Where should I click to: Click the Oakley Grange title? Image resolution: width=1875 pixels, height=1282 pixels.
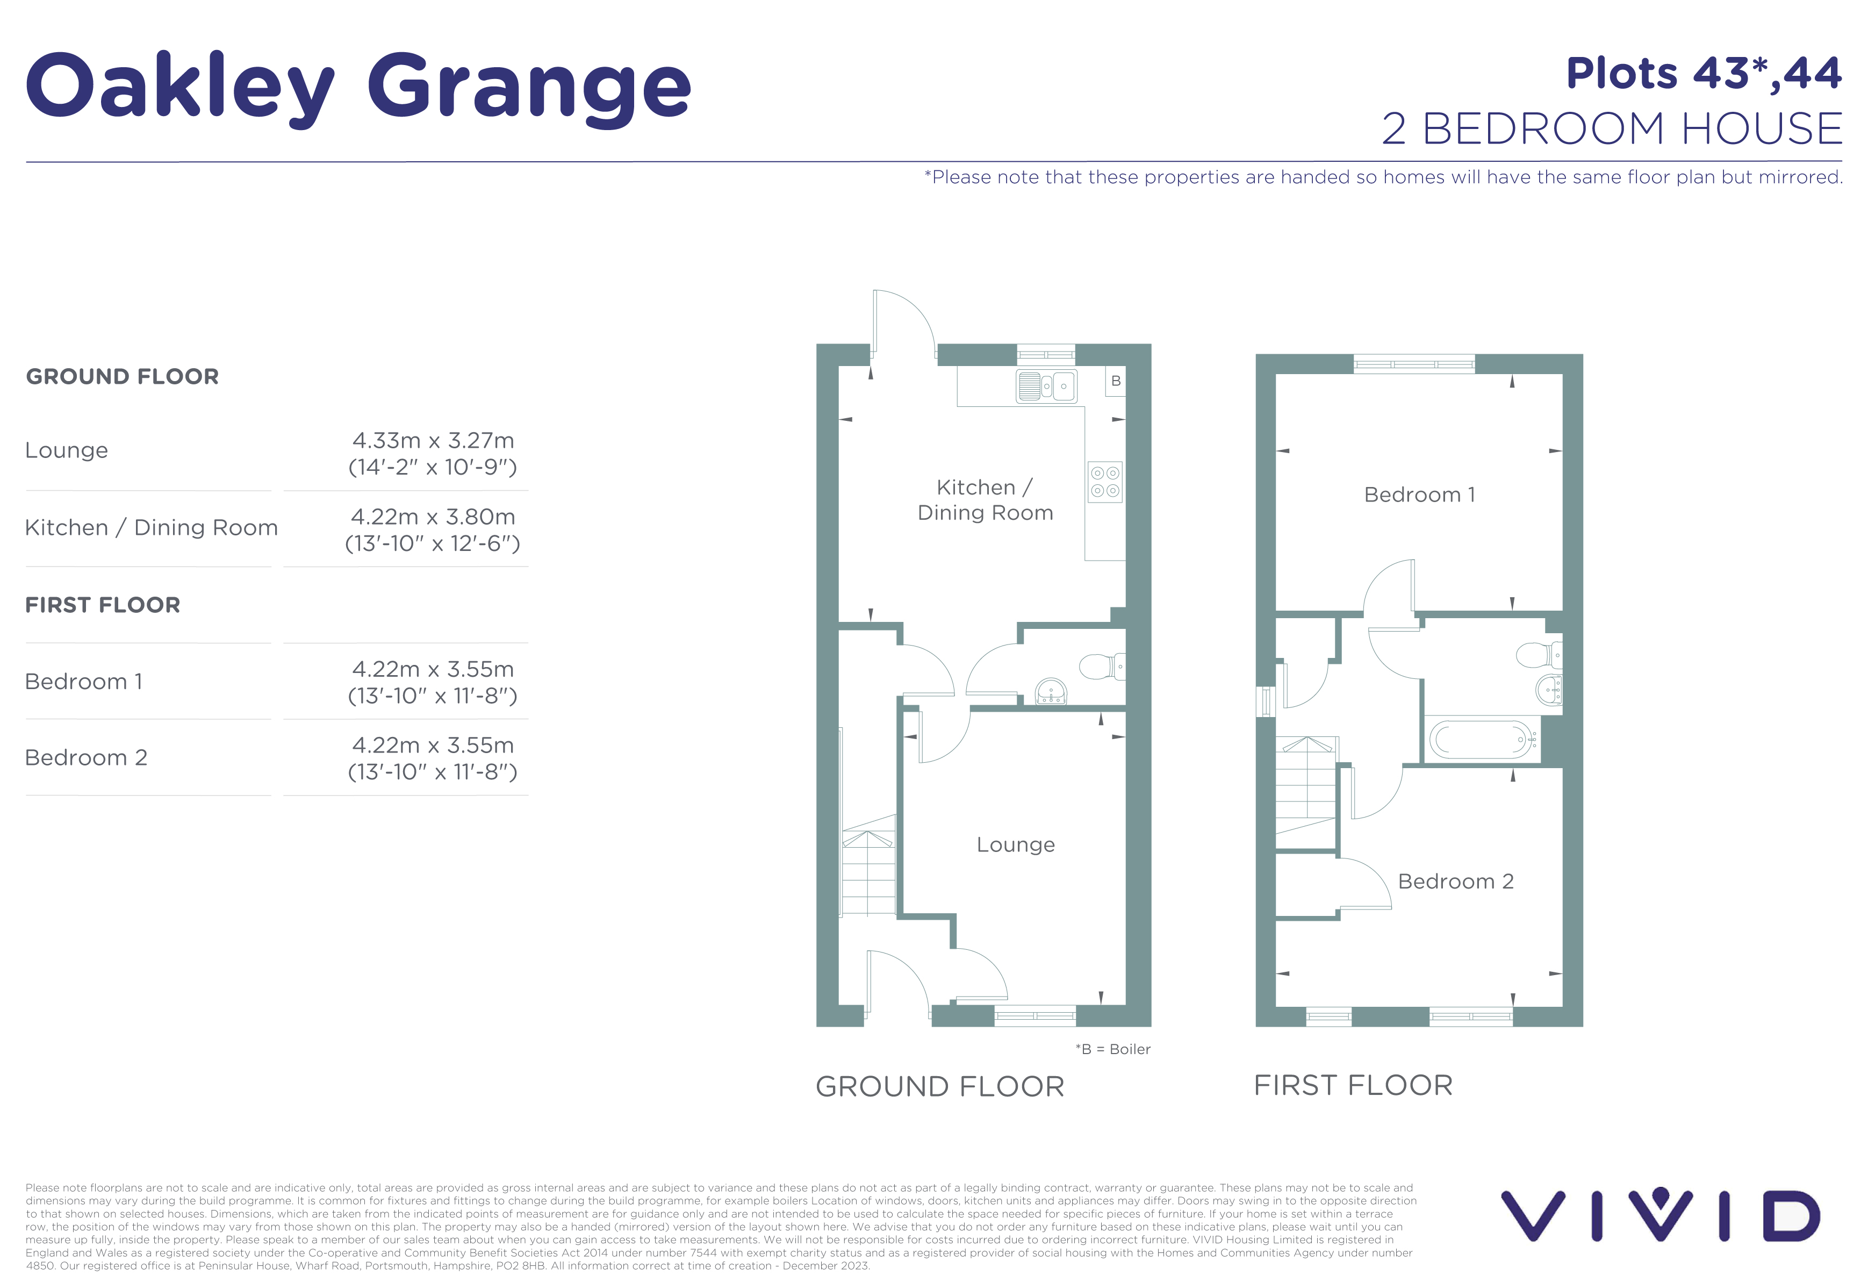[358, 87]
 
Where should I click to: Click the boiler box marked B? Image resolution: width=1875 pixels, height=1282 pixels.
[1115, 381]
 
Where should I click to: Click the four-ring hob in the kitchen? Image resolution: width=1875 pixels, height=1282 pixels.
[1104, 482]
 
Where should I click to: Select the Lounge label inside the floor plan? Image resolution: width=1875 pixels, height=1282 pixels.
[1015, 844]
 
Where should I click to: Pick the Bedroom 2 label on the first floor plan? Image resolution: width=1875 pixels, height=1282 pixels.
[1455, 881]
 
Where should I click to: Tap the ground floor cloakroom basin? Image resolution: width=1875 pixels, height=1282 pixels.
[1051, 691]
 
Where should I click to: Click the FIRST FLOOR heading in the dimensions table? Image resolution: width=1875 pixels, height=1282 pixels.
[103, 605]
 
